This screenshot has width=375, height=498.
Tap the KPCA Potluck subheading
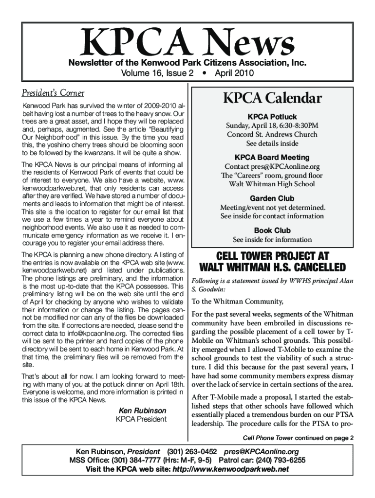(x=272, y=117)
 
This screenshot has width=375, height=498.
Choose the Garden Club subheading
(x=272, y=198)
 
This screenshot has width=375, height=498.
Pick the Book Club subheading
(x=272, y=231)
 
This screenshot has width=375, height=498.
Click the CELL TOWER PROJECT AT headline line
(x=272, y=256)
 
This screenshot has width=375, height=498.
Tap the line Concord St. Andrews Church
(x=272, y=135)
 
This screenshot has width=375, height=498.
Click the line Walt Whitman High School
(x=272, y=184)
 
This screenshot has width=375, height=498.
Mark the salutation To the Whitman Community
(x=230, y=301)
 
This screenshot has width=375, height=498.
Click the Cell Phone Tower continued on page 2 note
(x=298, y=437)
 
